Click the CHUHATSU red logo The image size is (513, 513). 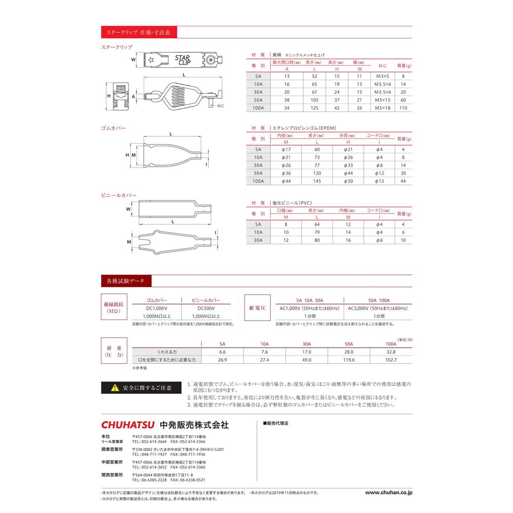pos(129,425)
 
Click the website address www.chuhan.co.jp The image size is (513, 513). pos(388,492)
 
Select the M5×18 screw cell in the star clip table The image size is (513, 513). pos(382,108)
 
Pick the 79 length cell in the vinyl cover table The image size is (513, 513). pos(312,232)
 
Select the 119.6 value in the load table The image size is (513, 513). pos(348,360)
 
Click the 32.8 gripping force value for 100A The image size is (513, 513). pos(391,352)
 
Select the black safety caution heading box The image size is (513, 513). pos(140,387)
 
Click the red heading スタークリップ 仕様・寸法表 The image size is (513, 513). pos(139,32)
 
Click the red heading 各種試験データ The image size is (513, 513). pos(126,281)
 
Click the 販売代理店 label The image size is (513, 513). pos(278,424)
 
